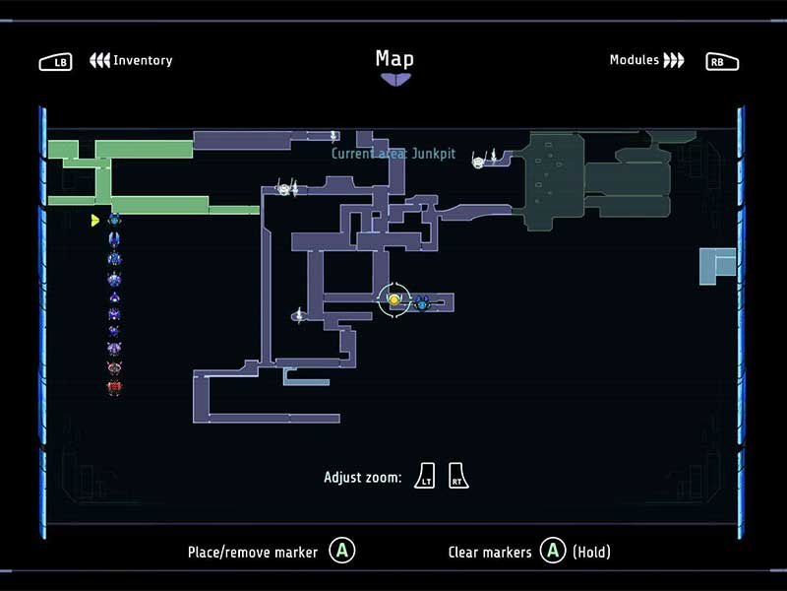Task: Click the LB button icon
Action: tap(55, 62)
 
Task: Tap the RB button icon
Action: tap(722, 62)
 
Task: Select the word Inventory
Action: tap(143, 60)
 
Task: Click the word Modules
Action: tap(635, 60)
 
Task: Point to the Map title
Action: tap(395, 59)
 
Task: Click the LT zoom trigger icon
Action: tap(425, 476)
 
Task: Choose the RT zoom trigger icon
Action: tap(457, 476)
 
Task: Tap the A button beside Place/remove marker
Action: tap(342, 551)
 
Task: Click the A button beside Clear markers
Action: tap(553, 551)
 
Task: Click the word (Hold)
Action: tap(592, 552)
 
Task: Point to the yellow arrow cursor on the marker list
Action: tap(94, 220)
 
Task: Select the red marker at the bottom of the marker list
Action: tap(114, 387)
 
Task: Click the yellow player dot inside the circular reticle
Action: tap(394, 300)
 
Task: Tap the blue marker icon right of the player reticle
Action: tap(422, 302)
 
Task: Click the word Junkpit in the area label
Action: tap(434, 154)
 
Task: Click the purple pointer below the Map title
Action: tap(395, 80)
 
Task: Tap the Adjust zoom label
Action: tap(363, 477)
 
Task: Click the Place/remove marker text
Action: tap(253, 553)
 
